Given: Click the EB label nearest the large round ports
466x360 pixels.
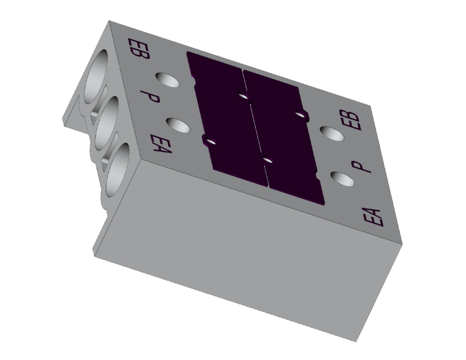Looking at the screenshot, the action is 138,48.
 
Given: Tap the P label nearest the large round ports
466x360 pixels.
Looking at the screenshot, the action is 150,97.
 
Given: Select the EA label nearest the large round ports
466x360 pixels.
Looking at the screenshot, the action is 161,144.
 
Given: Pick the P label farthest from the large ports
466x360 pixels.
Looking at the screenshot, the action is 361,167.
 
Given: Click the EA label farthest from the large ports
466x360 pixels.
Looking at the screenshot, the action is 373,217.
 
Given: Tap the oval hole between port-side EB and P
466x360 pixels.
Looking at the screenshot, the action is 167,80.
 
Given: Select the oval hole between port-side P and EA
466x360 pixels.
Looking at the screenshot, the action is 178,125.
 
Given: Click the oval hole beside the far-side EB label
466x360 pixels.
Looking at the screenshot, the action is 332,133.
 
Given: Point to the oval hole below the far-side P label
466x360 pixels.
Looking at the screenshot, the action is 343,179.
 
